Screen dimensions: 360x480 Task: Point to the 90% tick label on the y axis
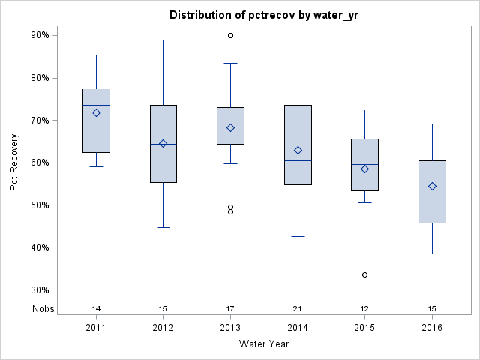pos(40,35)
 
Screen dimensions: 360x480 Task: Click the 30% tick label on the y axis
pos(40,290)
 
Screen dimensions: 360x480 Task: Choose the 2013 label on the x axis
pos(230,328)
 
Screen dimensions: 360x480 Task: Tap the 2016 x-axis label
pos(432,328)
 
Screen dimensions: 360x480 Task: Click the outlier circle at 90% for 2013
pos(230,35)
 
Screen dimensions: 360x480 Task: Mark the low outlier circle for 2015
pos(365,274)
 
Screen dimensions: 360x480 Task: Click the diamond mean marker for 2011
pos(96,112)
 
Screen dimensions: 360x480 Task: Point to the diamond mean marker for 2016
pos(432,186)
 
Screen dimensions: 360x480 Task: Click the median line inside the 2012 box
pos(163,144)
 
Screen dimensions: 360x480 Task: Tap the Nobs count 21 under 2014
pos(298,309)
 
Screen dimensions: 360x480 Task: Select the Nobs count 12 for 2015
pos(365,309)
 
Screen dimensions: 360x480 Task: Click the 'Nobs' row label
pos(43,309)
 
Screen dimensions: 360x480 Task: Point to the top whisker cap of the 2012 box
pos(163,40)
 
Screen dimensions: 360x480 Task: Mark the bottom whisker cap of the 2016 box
pos(432,253)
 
